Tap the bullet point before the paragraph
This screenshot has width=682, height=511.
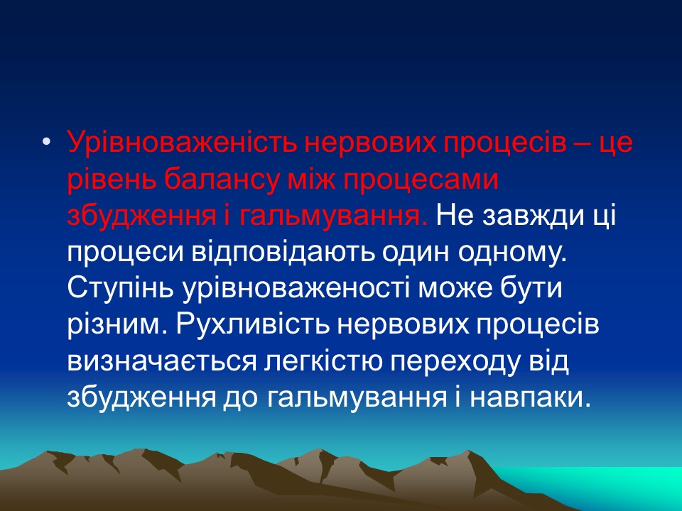coord(48,143)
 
